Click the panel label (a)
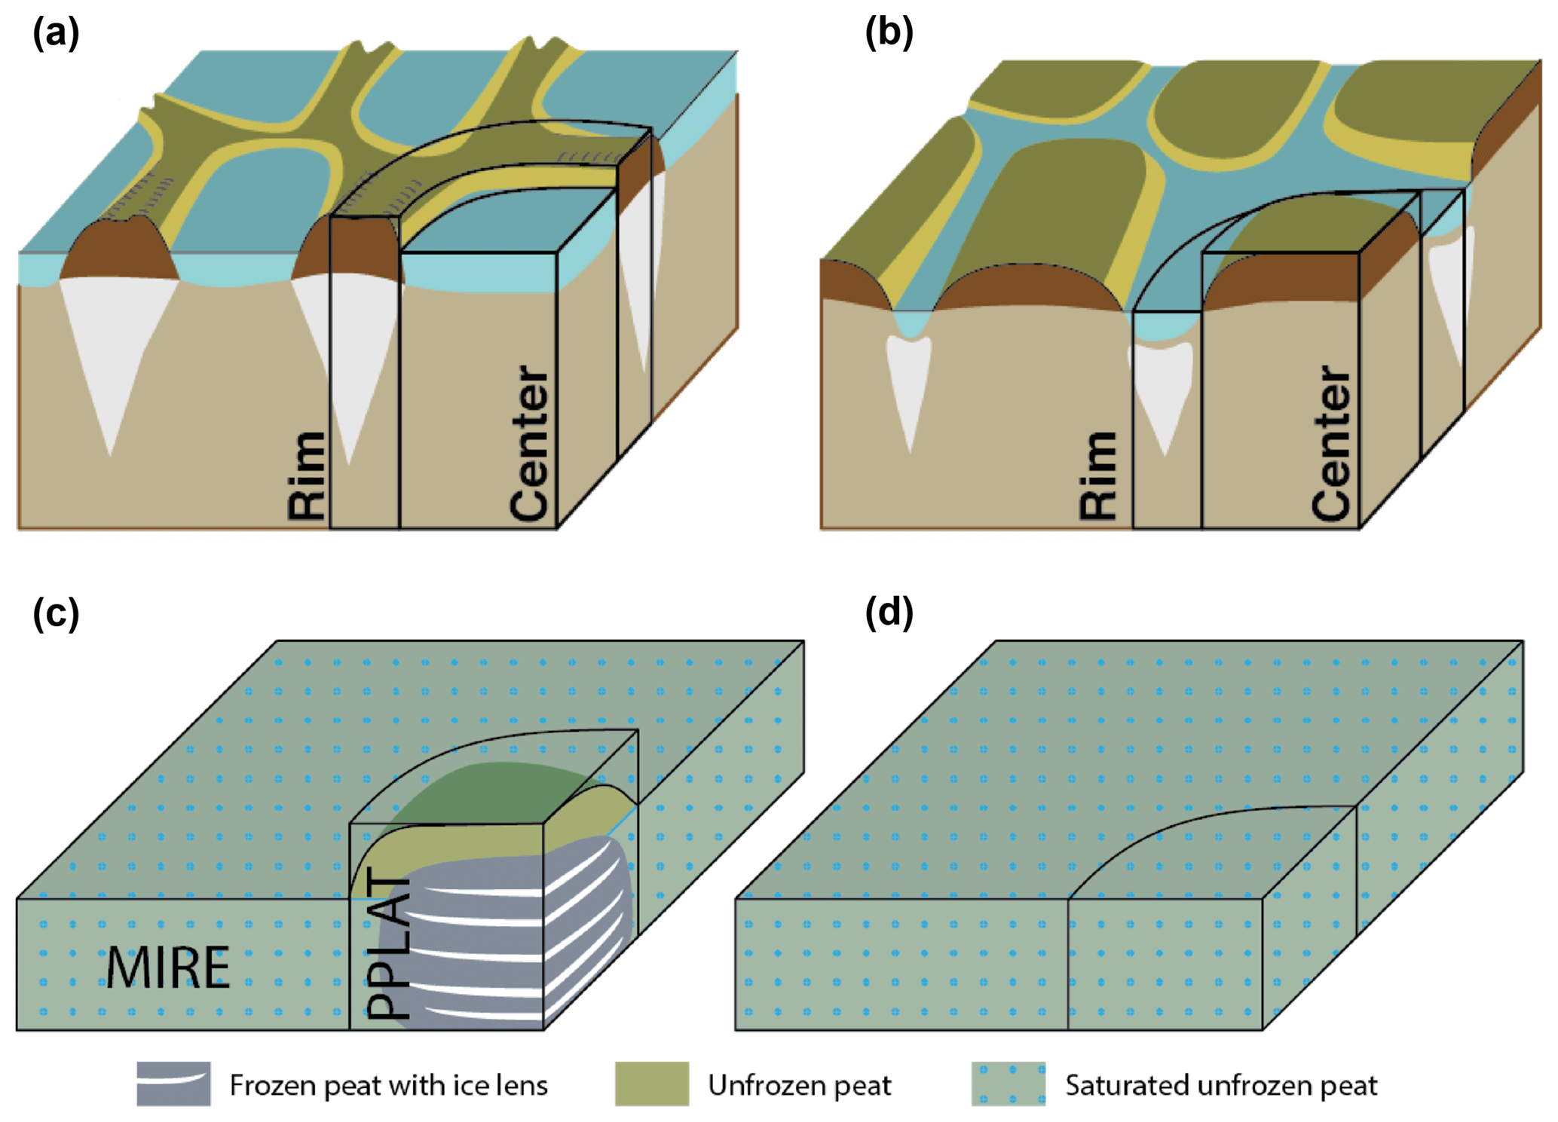pyautogui.click(x=56, y=34)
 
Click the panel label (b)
pyautogui.click(x=889, y=34)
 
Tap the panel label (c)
pyautogui.click(x=56, y=613)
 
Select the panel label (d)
pyautogui.click(x=889, y=613)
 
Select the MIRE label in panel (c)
pyautogui.click(x=167, y=968)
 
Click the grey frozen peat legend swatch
pyautogui.click(x=173, y=1084)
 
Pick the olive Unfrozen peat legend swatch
pyautogui.click(x=651, y=1084)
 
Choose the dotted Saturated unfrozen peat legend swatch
pyautogui.click(x=1008, y=1084)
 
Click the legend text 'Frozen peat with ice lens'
pyautogui.click(x=388, y=1085)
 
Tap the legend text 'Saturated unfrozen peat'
pyautogui.click(x=1221, y=1085)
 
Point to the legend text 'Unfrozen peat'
pyautogui.click(x=799, y=1085)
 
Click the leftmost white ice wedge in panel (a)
pyautogui.click(x=113, y=354)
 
